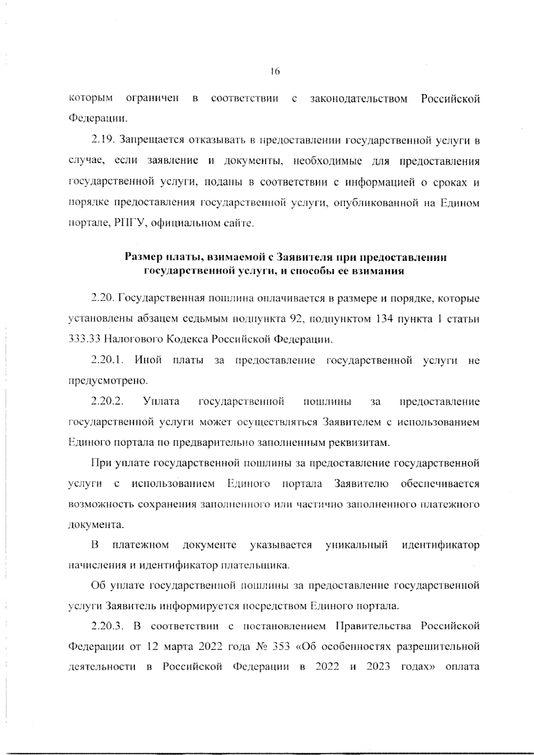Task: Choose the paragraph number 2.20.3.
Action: click(107, 626)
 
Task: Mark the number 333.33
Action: click(84, 340)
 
